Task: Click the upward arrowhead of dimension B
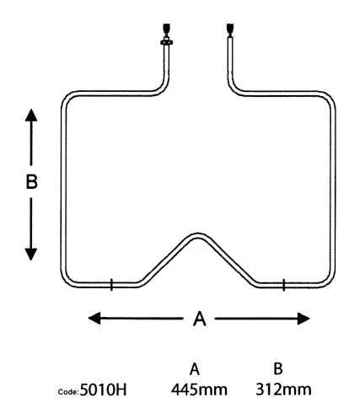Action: click(x=31, y=115)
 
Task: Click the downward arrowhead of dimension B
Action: click(x=31, y=255)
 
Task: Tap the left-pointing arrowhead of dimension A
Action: click(x=94, y=318)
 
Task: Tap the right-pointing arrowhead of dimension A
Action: click(x=304, y=319)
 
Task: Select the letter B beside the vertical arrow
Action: click(x=31, y=181)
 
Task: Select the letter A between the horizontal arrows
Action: click(x=200, y=319)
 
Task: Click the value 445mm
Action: click(x=199, y=389)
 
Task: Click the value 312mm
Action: click(x=283, y=389)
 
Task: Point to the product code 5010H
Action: click(x=103, y=389)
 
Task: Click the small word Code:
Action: click(x=67, y=392)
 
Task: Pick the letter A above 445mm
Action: click(x=195, y=369)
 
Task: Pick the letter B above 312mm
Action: click(x=278, y=368)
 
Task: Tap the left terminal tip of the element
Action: click(x=166, y=28)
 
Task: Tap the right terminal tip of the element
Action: click(x=230, y=28)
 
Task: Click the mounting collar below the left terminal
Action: click(x=166, y=42)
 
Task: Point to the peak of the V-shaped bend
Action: click(x=198, y=236)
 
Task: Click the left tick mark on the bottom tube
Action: click(x=111, y=285)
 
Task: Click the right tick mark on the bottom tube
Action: click(x=283, y=285)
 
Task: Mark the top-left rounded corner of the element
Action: click(x=67, y=97)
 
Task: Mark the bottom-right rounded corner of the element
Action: click(x=330, y=282)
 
